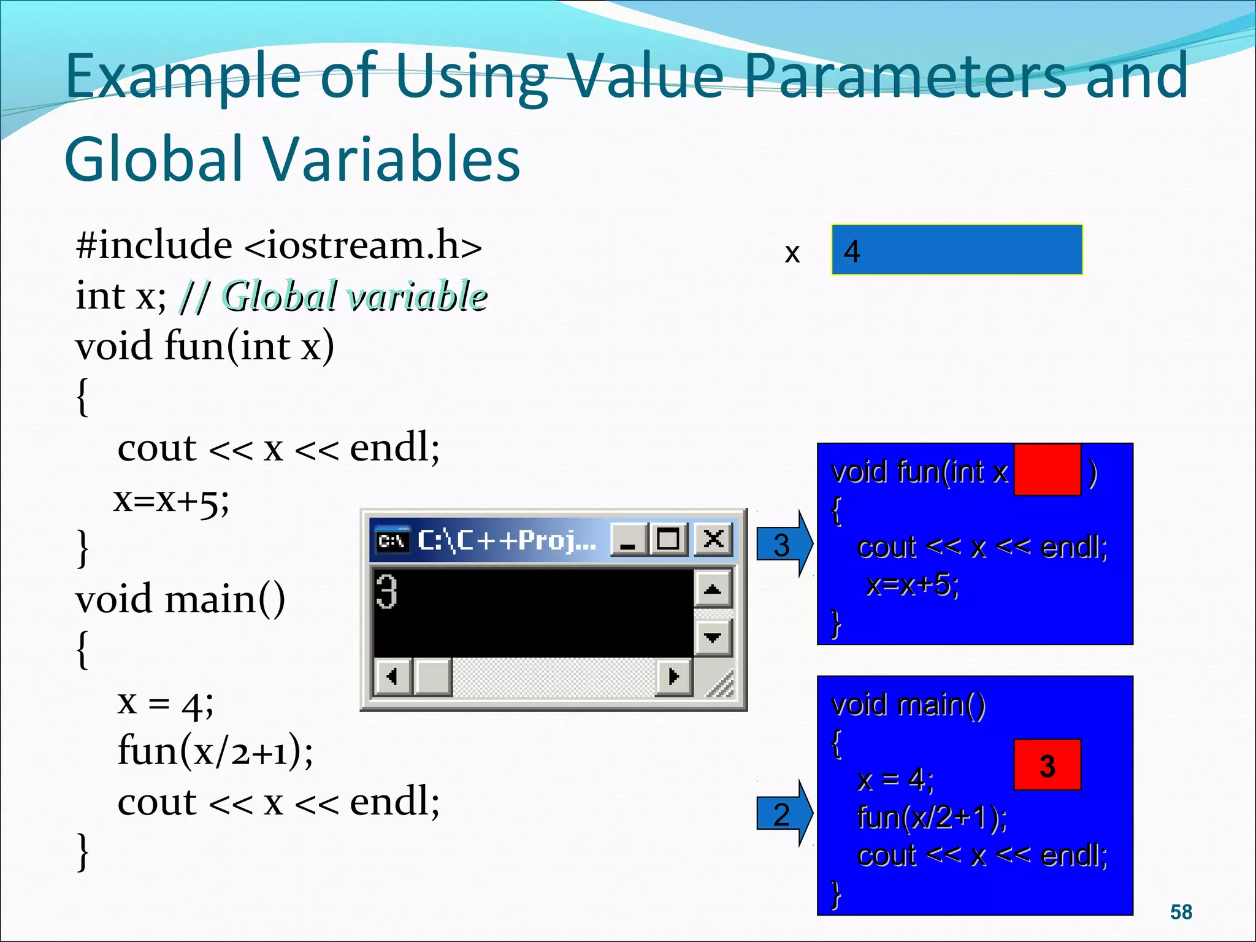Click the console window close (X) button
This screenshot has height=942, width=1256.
(x=713, y=540)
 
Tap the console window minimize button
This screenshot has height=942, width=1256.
(x=628, y=540)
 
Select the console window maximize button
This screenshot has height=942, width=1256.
(x=668, y=540)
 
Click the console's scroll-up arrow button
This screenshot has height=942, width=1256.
(x=713, y=589)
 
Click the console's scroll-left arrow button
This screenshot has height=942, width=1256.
(x=392, y=676)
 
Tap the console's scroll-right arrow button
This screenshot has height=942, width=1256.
(x=673, y=676)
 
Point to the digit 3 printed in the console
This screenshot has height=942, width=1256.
(x=387, y=592)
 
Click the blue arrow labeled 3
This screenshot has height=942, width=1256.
(x=784, y=544)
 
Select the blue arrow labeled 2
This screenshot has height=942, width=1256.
(x=784, y=814)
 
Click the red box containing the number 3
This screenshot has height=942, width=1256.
(x=1047, y=765)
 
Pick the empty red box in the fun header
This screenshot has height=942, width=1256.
(x=1047, y=470)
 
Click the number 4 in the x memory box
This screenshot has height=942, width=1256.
(x=852, y=251)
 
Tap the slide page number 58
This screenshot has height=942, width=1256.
(x=1181, y=912)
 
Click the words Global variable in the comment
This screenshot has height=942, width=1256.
(x=354, y=296)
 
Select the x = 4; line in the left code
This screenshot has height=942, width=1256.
(x=166, y=703)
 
